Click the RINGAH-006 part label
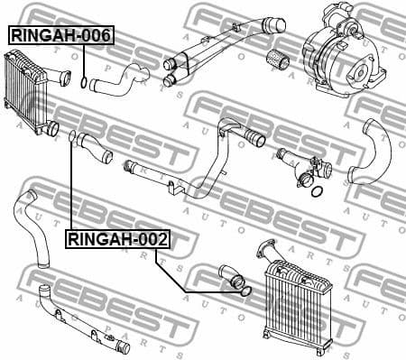[x=60, y=35]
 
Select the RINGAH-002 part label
[x=116, y=239]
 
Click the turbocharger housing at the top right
[x=343, y=54]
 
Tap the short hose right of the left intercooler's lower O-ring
[x=95, y=147]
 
